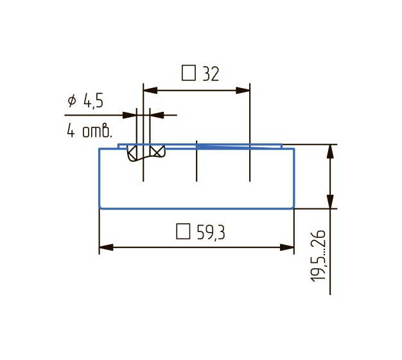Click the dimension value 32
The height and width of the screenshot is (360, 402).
pos(211,74)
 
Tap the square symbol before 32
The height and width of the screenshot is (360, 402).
pos(189,73)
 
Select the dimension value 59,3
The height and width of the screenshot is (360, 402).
pos(211,233)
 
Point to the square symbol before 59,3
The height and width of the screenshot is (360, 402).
pos(183,231)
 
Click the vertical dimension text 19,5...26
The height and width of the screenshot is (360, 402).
pos(318,256)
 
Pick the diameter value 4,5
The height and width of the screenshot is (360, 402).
pos(93,100)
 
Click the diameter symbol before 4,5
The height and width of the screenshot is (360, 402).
pos(72,100)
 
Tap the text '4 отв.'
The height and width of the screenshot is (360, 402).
pos(89,130)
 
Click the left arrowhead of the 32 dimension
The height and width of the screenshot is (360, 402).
pos(150,91)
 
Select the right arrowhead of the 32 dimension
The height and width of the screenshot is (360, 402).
pos(243,91)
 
